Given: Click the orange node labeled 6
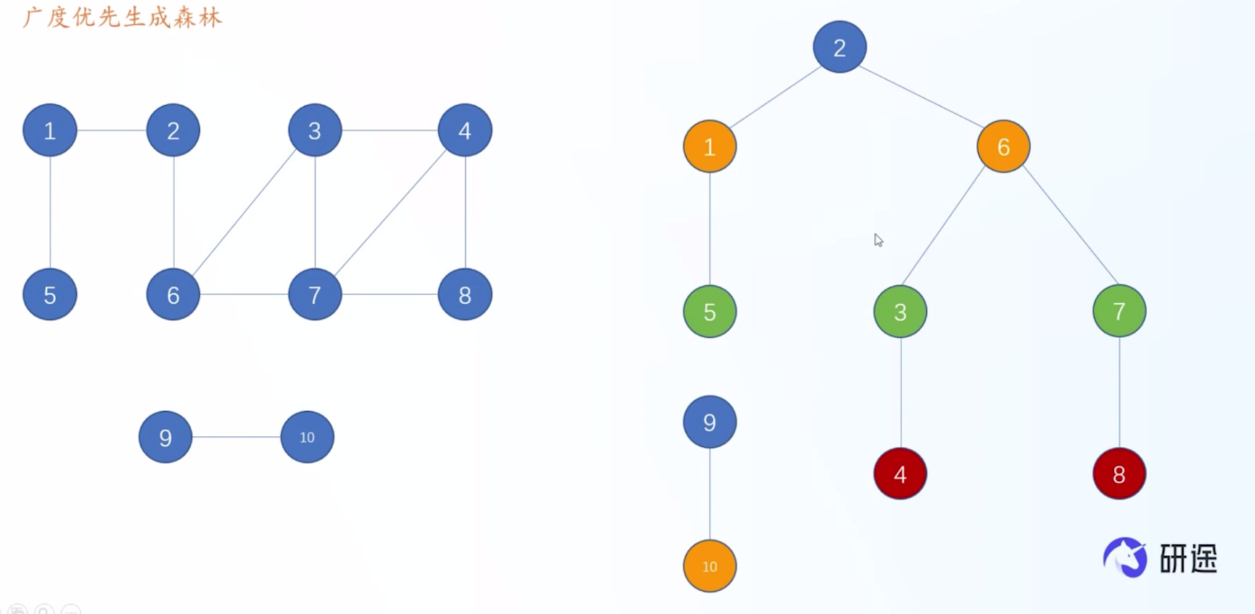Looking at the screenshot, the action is click(1003, 147).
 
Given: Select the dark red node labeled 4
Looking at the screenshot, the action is click(900, 474).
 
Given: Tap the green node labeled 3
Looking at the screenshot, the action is click(900, 312).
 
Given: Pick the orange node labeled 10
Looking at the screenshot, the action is click(709, 566).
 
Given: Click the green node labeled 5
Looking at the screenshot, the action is click(709, 312).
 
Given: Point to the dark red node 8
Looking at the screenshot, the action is click(1119, 474).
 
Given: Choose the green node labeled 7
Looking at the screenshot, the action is click(1119, 311).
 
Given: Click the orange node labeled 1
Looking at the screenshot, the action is click(709, 147).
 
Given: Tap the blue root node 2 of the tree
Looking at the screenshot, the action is click(840, 47).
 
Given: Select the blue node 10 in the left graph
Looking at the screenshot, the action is click(307, 437).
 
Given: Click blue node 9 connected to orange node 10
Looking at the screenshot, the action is click(709, 422).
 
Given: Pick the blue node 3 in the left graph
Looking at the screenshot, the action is click(314, 130).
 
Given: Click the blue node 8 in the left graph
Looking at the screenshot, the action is click(465, 295).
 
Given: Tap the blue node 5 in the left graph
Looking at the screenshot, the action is click(50, 295).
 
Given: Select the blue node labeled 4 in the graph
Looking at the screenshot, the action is click(465, 130).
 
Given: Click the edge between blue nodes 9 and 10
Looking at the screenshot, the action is click(236, 437).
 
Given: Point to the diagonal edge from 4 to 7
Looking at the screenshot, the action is click(390, 213).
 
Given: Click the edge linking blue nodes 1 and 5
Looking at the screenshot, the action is click(50, 213).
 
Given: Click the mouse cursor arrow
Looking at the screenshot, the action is click(879, 240).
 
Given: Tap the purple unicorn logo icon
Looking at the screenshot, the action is click(1126, 557).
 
